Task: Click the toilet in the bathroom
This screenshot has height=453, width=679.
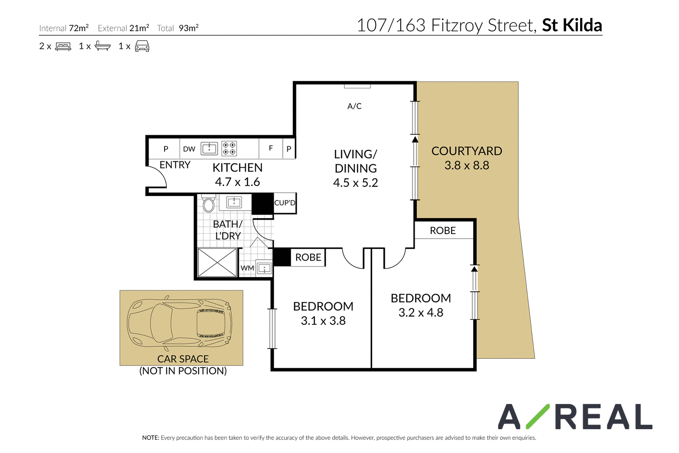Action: tap(208, 203)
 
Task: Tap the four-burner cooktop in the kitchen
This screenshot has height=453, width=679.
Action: tap(229, 149)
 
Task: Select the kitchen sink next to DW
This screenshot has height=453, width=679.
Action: tap(209, 149)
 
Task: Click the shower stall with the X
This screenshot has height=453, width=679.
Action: tap(217, 262)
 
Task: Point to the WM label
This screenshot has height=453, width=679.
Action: tap(247, 268)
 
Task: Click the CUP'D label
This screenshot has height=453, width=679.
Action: tap(285, 203)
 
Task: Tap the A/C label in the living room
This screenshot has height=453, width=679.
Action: tap(354, 106)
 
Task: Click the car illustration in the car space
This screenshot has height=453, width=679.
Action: tap(180, 323)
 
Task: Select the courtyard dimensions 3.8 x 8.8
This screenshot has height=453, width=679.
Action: tap(467, 165)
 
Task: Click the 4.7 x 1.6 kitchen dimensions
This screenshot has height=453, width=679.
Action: tap(237, 182)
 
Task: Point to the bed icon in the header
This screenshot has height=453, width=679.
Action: tap(63, 46)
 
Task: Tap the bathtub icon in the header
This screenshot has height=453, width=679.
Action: tap(102, 46)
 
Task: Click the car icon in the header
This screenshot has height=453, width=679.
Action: tap(142, 46)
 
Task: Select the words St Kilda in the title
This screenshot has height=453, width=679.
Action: tap(572, 25)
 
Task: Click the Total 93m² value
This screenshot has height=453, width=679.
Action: tap(188, 28)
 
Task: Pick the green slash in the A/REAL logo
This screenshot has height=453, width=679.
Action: tap(538, 416)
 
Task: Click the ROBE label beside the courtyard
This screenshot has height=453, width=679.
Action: tap(443, 231)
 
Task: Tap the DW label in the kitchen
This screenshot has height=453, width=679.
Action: tap(189, 149)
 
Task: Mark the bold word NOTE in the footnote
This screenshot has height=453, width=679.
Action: tap(150, 438)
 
